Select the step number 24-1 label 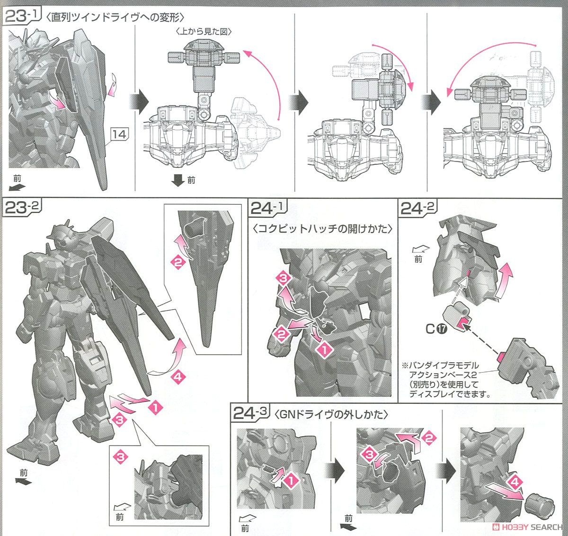pyautogui.click(x=268, y=208)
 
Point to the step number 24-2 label pyautogui.click(x=418, y=208)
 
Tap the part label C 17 pyautogui.click(x=436, y=329)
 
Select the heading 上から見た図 pyautogui.click(x=204, y=31)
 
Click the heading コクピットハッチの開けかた pyautogui.click(x=322, y=229)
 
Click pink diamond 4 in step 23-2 pyautogui.click(x=177, y=376)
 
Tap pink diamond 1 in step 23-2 pyautogui.click(x=155, y=406)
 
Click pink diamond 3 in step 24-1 pyautogui.click(x=283, y=277)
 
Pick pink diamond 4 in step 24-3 pyautogui.click(x=515, y=482)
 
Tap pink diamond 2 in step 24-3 pyautogui.click(x=429, y=438)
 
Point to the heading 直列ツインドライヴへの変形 pyautogui.click(x=115, y=18)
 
